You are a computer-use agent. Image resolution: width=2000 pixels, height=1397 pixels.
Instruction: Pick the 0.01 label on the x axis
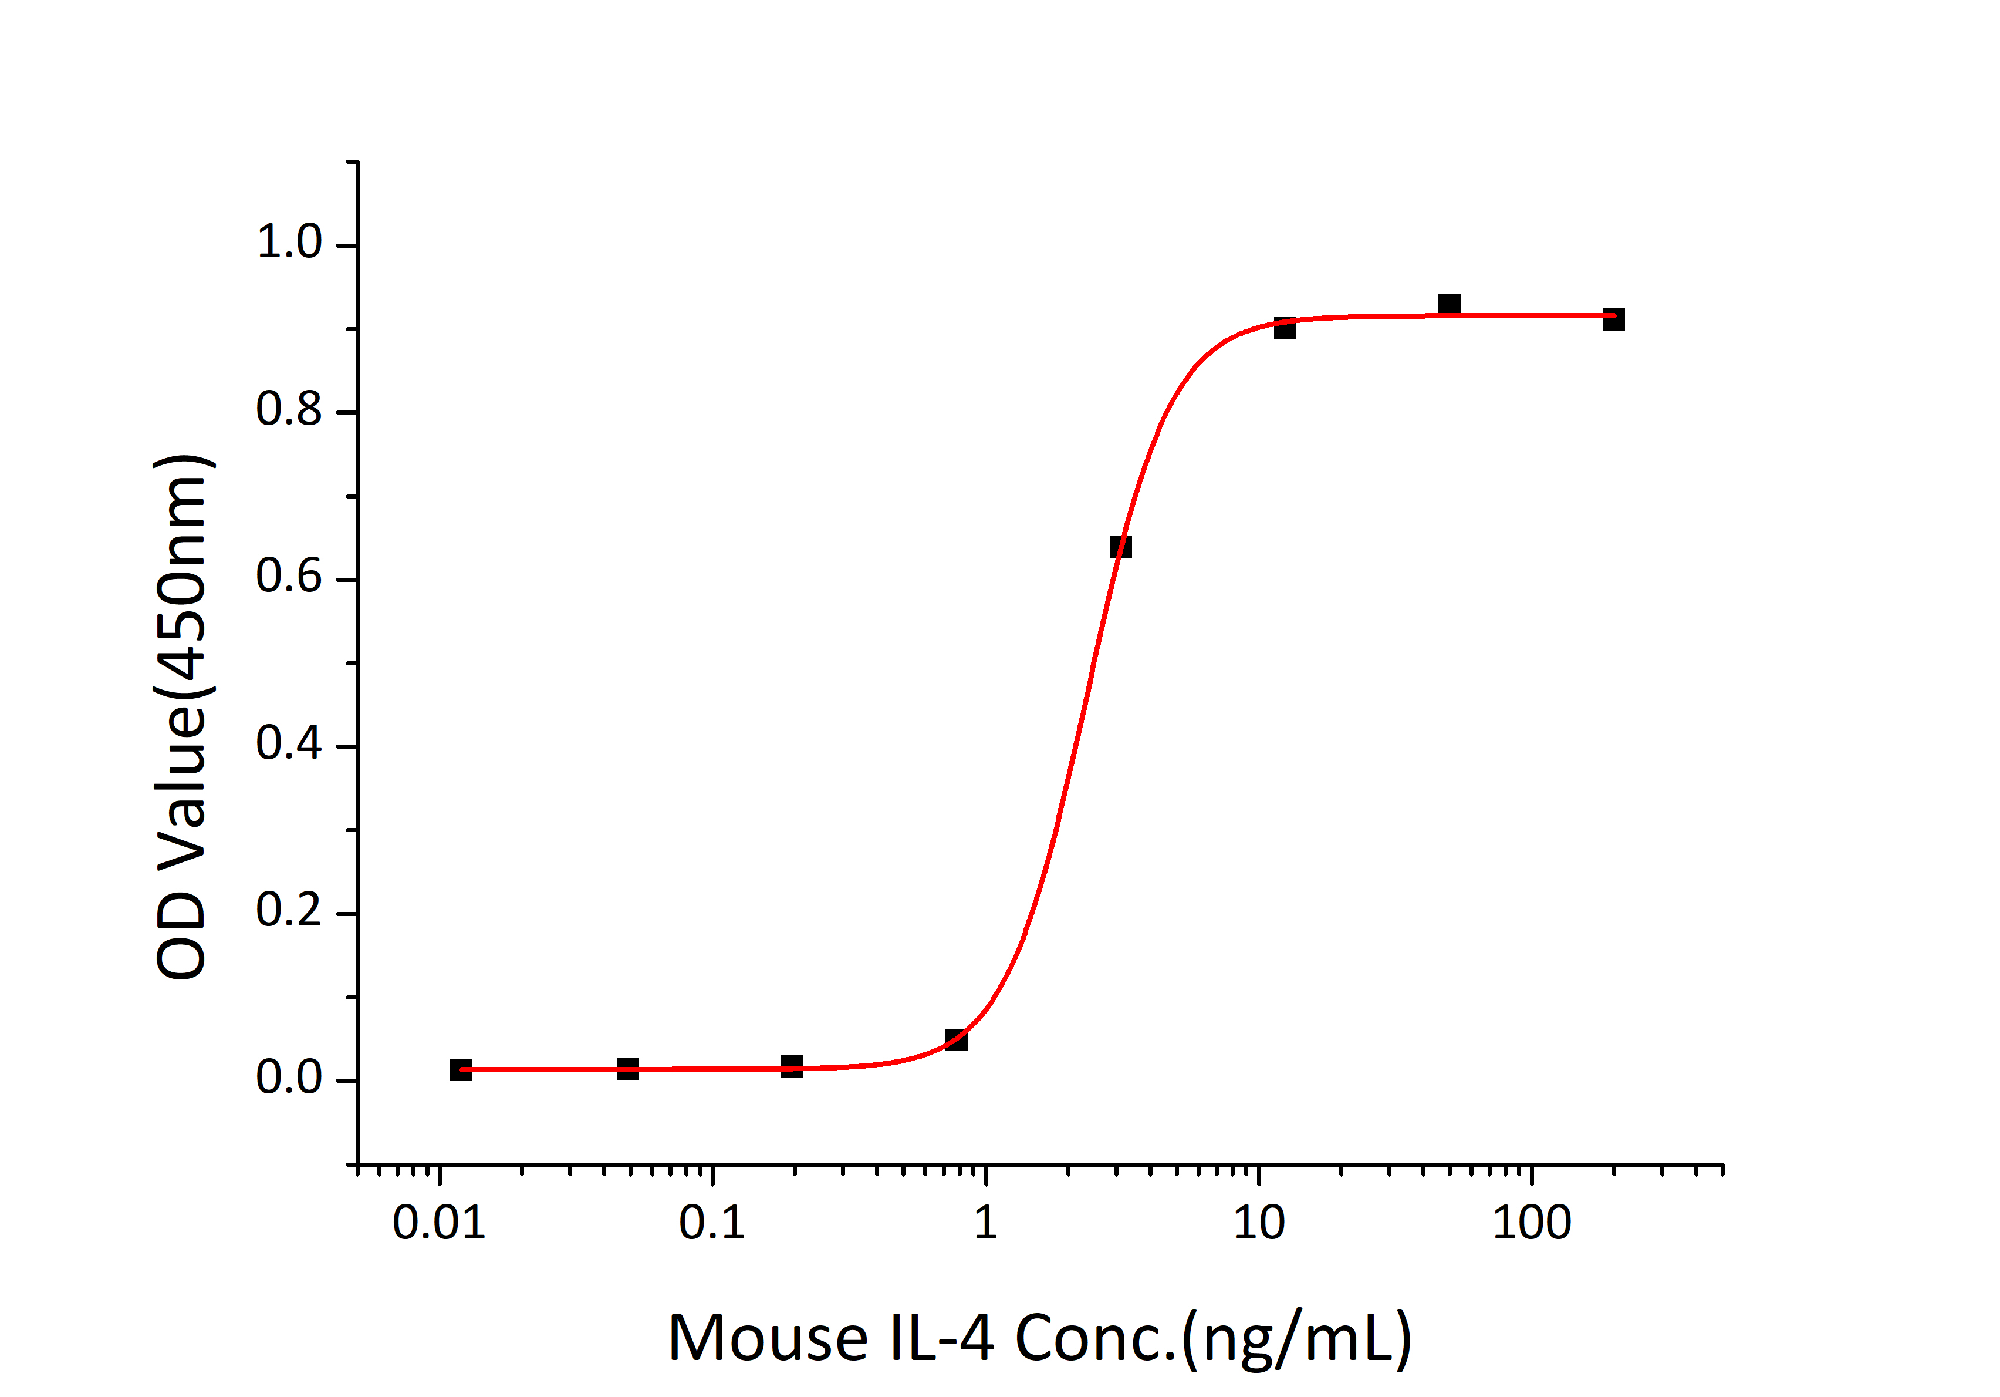click(x=438, y=1223)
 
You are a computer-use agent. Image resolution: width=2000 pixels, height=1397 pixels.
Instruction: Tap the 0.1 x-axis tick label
click(x=712, y=1223)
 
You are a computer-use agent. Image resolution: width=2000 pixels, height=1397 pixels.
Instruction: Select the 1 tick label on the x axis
click(x=985, y=1223)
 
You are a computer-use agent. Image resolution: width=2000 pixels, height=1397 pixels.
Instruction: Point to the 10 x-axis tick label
click(x=1259, y=1223)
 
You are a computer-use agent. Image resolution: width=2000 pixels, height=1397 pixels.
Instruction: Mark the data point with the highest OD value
click(x=1448, y=304)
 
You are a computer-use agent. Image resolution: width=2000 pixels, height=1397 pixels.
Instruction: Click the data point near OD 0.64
click(x=1120, y=547)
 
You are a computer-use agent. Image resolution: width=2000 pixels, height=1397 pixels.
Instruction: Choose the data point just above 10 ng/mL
click(x=1285, y=328)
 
